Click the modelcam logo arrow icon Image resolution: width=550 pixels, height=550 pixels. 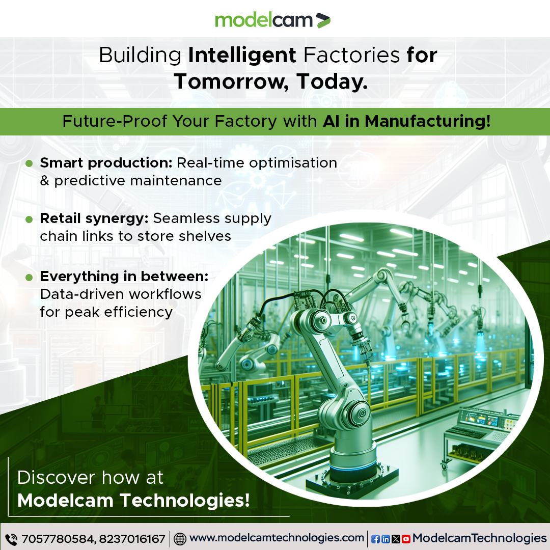pyautogui.click(x=323, y=20)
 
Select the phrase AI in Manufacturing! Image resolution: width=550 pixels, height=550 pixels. pyautogui.click(x=406, y=122)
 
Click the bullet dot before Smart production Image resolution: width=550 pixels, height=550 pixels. pyautogui.click(x=30, y=163)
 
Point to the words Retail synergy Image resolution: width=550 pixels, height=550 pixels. pyautogui.click(x=94, y=218)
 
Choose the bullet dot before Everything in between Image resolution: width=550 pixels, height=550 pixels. pyautogui.click(x=30, y=277)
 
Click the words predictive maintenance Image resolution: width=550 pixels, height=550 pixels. pyautogui.click(x=137, y=180)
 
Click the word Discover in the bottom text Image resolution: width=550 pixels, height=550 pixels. pyautogui.click(x=57, y=478)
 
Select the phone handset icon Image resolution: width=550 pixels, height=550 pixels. pyautogui.click(x=11, y=539)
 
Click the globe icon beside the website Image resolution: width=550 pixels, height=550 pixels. pyautogui.click(x=180, y=539)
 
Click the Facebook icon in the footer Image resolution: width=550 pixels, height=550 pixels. pyautogui.click(x=375, y=539)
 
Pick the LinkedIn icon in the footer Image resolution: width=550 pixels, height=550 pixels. pyautogui.click(x=386, y=539)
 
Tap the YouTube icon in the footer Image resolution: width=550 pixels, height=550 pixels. pyautogui.click(x=406, y=539)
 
